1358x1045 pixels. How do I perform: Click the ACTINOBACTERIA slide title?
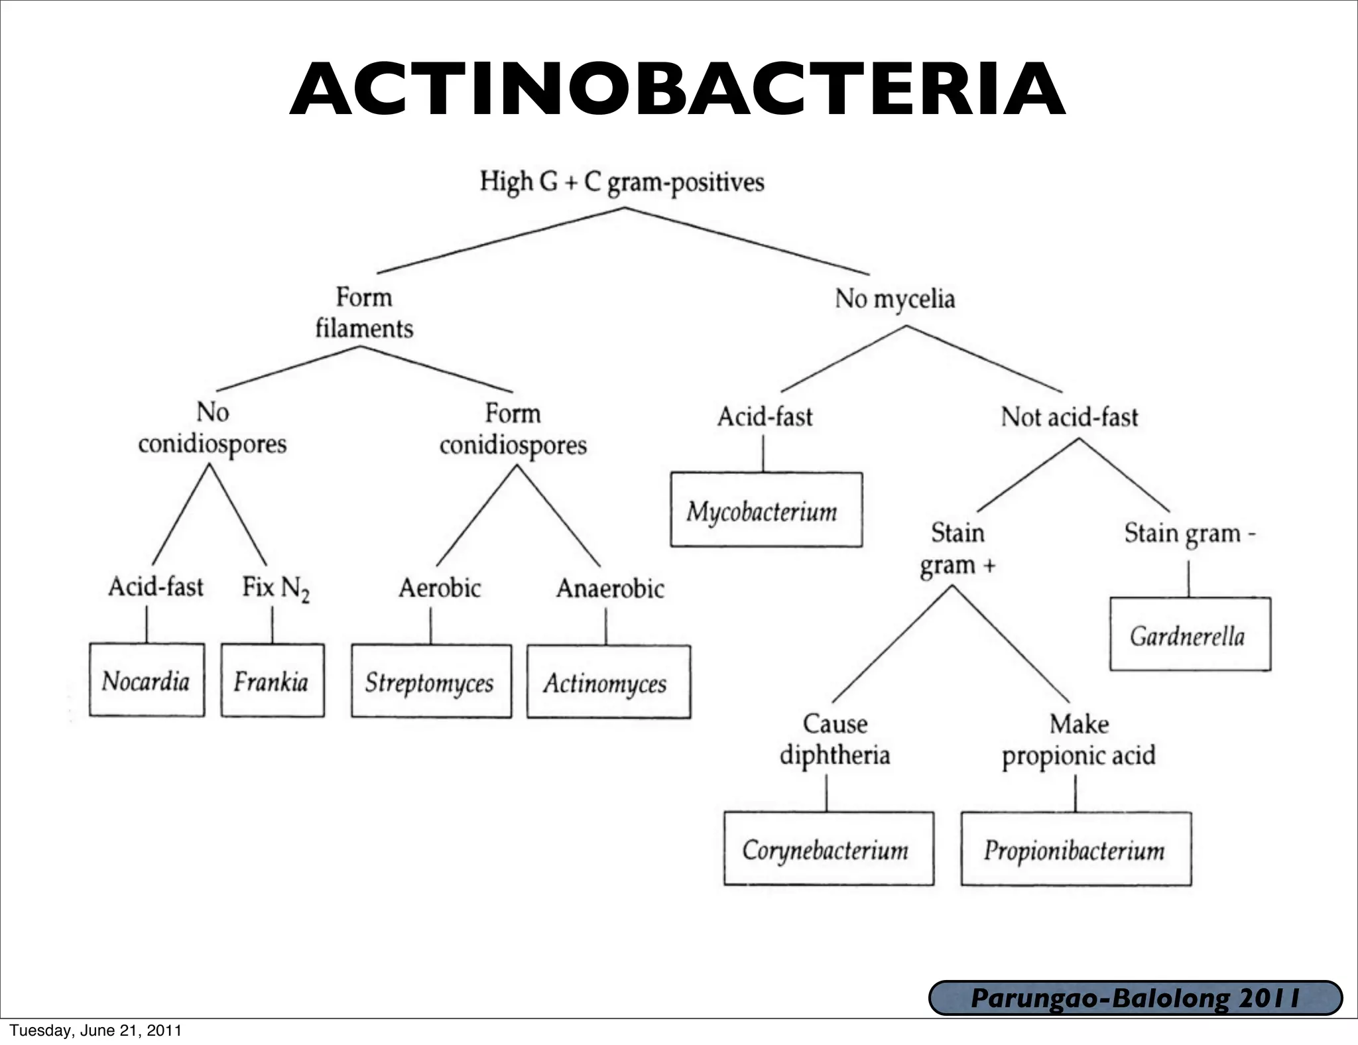coord(678,90)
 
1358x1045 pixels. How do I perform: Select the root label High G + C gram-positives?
coord(622,182)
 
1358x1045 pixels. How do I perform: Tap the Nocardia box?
coord(147,680)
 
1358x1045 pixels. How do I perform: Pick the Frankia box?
coord(273,680)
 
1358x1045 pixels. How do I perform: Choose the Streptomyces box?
coord(431,682)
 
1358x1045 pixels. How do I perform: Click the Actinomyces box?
coord(608,682)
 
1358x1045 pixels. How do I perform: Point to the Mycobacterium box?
coord(766,510)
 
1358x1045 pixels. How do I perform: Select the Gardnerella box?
coord(1190,635)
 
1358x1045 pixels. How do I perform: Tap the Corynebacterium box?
coord(828,849)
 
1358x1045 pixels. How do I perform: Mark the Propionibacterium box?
coord(1076,849)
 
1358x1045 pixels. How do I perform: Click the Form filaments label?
coord(364,313)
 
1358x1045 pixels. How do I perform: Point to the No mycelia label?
coord(895,299)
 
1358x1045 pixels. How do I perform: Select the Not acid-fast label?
coord(1069,417)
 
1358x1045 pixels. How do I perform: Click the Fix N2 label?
coord(275,588)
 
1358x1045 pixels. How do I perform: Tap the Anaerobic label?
coord(610,588)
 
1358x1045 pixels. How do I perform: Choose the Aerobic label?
coord(439,588)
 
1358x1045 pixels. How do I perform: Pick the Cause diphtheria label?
coord(835,739)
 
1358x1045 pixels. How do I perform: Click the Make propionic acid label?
coord(1079,739)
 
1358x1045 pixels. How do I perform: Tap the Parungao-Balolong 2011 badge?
coord(1135,998)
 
